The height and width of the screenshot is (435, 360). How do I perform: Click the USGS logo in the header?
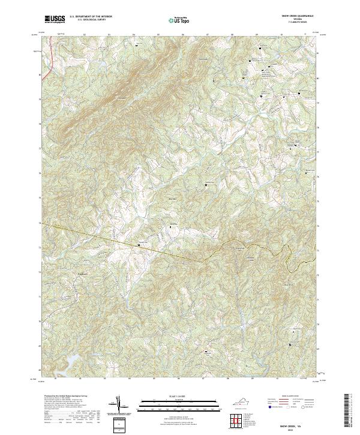point(55,19)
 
